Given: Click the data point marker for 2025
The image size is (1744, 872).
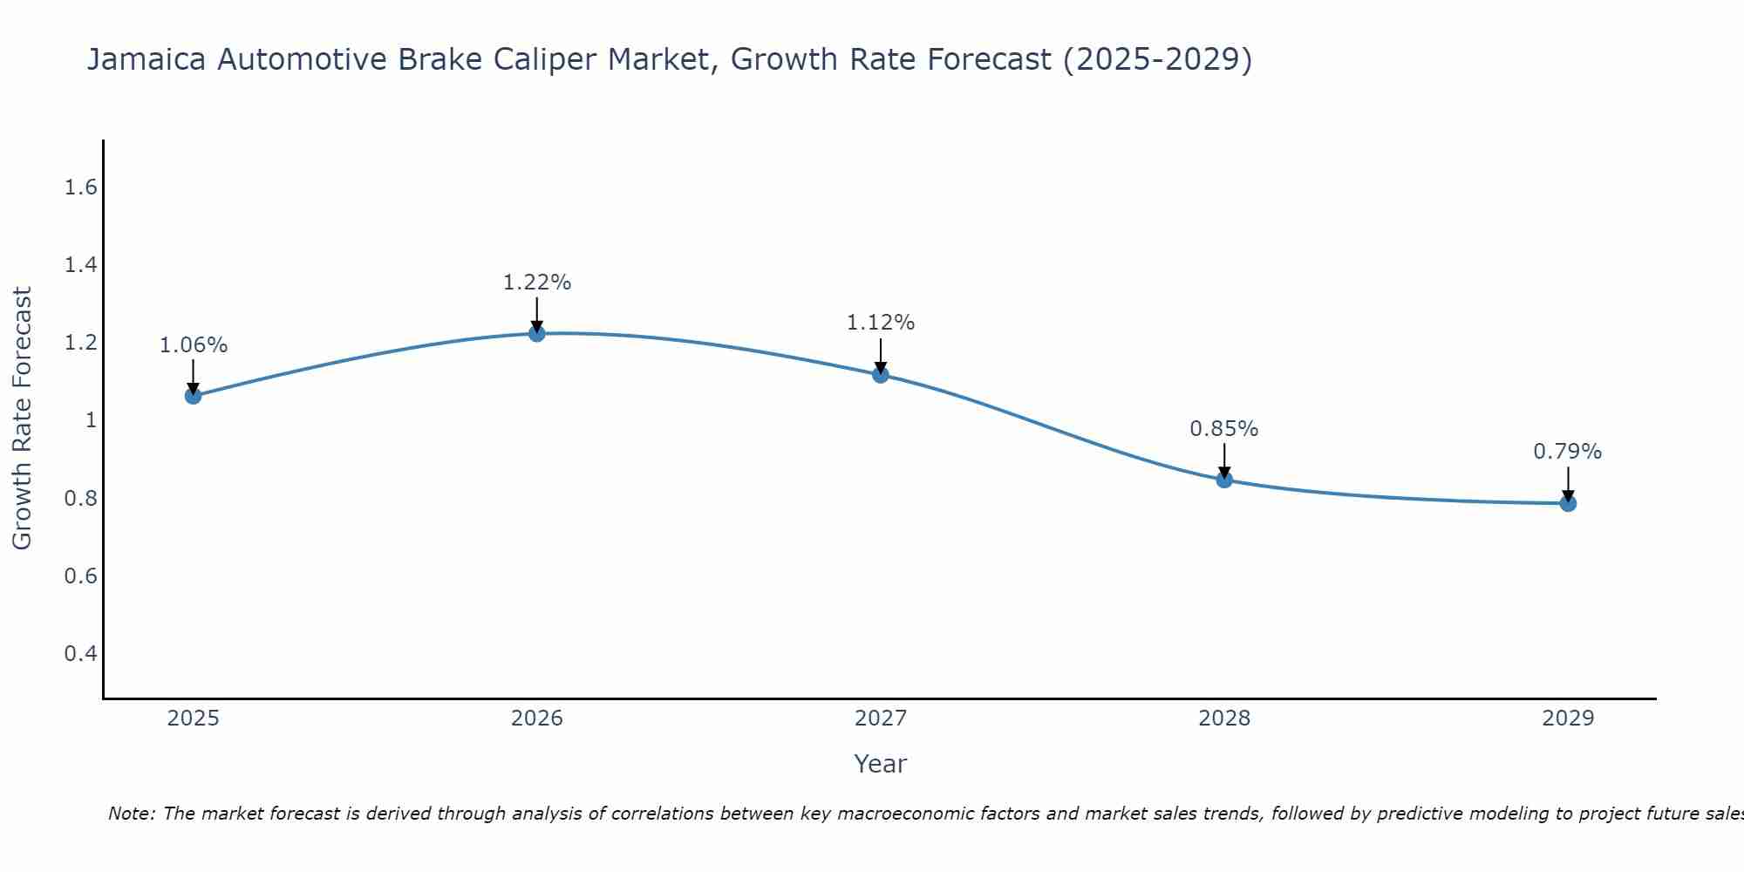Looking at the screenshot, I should click(x=193, y=396).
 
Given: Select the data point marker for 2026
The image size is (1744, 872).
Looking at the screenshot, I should click(x=536, y=333).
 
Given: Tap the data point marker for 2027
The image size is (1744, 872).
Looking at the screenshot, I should click(x=880, y=375).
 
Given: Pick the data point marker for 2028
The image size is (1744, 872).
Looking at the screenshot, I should click(x=1223, y=480).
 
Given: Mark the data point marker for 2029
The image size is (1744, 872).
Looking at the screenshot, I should click(x=1567, y=503).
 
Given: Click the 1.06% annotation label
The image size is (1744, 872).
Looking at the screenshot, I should click(x=193, y=345).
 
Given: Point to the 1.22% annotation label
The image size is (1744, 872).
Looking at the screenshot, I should click(x=536, y=283).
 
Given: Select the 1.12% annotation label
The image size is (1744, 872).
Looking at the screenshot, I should click(x=880, y=323).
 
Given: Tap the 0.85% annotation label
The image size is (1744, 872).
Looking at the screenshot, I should click(x=1223, y=429).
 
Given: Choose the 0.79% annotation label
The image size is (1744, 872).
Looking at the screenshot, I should click(x=1567, y=452).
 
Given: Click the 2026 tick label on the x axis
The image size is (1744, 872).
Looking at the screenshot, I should click(x=536, y=719).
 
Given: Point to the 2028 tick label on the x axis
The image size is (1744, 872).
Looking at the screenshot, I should click(x=1223, y=719).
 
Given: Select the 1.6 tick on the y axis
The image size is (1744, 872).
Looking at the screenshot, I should click(x=80, y=187).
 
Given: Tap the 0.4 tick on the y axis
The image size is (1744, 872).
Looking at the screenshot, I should click(x=80, y=653).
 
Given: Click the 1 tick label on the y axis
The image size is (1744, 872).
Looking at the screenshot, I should click(x=90, y=420).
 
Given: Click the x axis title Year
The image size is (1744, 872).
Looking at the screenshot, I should click(x=880, y=764).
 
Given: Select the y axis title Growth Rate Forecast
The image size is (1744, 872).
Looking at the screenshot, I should click(x=22, y=419).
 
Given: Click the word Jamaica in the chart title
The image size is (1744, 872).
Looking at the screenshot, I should click(x=146, y=59).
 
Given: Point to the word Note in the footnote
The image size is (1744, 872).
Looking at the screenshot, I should click(x=131, y=814).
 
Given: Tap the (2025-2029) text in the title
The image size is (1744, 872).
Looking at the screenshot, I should click(x=1157, y=59).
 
